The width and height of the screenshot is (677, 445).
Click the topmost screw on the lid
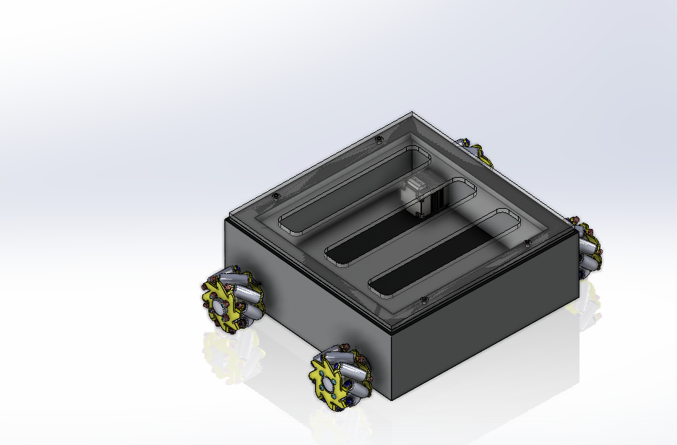378,139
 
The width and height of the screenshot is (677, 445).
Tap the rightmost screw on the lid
527,241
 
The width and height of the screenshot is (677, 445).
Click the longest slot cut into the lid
354,186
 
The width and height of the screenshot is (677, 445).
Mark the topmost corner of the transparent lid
412,113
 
